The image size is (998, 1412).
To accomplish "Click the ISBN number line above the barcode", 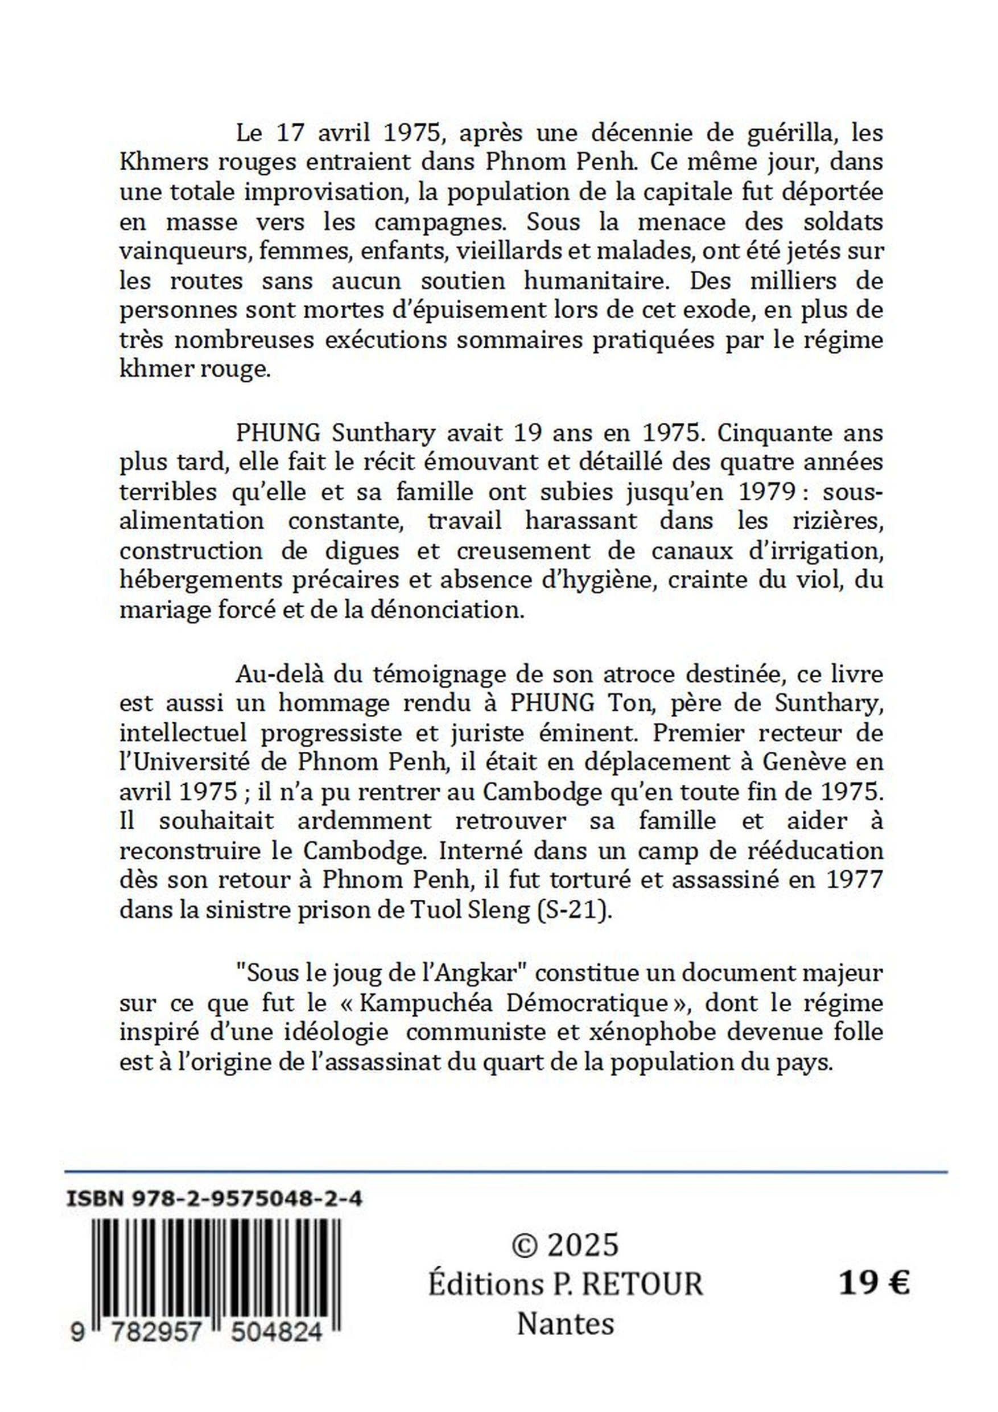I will pos(214,1199).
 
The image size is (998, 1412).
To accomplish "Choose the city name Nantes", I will pos(565,1324).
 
